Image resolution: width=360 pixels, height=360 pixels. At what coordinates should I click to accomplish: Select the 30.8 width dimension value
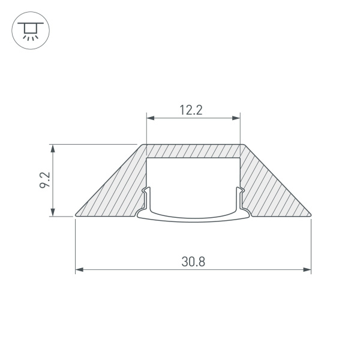pos(193,262)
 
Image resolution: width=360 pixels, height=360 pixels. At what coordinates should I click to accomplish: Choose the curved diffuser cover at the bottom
pos(193,219)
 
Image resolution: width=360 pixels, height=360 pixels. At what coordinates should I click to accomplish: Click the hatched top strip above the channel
pos(193,151)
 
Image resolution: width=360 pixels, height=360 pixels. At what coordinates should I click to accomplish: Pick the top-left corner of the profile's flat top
pos(145,145)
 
